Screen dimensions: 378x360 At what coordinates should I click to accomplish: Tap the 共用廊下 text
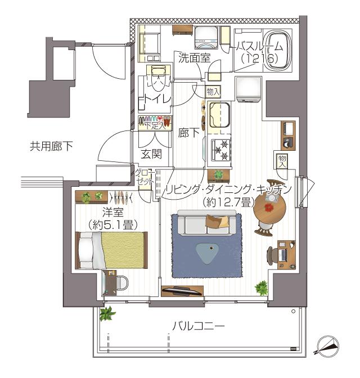click(51, 147)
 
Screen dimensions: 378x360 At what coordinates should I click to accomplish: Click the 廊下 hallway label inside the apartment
click(188, 134)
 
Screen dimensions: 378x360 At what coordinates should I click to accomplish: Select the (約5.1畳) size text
click(113, 223)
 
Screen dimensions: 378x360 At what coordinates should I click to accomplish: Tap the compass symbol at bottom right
click(328, 344)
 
